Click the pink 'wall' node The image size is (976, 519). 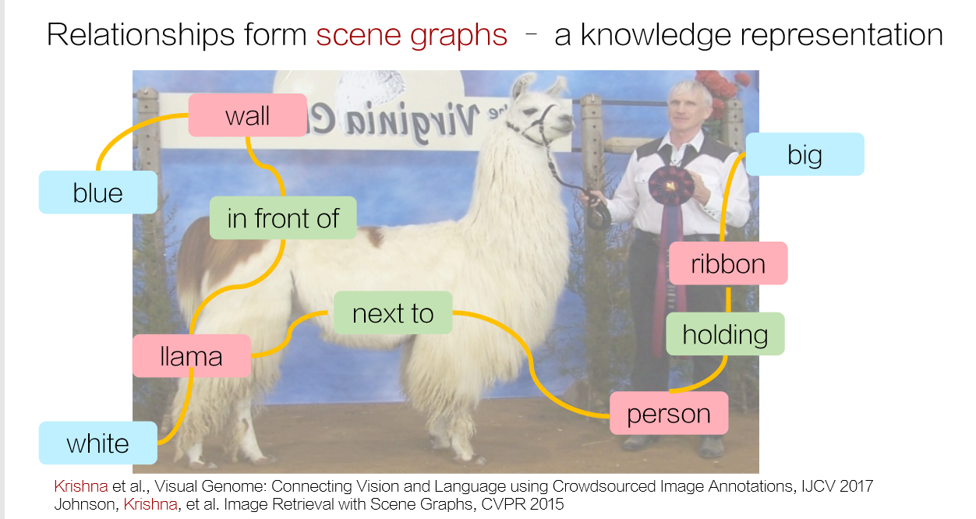[247, 115]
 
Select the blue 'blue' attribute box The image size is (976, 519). [98, 192]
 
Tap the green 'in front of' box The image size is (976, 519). [283, 217]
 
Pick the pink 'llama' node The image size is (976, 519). [192, 355]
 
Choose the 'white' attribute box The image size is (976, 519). [98, 443]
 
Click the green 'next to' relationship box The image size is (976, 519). [393, 312]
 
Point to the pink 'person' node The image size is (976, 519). [669, 413]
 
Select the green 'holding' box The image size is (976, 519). [726, 334]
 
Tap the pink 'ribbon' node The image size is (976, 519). [729, 263]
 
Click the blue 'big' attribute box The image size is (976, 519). [805, 154]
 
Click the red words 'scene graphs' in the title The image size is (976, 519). [412, 36]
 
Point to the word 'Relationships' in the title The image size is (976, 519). [141, 35]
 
